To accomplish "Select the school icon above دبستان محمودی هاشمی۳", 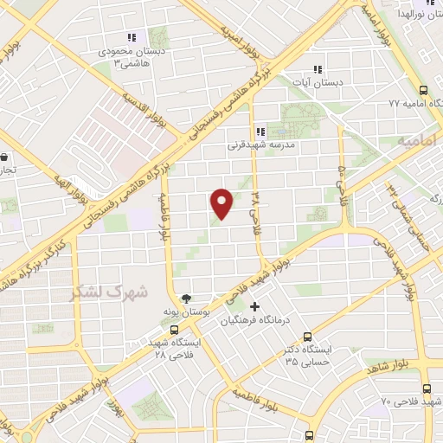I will [x=132, y=37].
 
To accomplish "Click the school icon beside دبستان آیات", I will [x=318, y=68].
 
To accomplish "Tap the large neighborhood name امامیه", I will [x=420, y=138].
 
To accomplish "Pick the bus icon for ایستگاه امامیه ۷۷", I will [x=423, y=90].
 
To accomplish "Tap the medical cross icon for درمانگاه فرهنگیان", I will [x=254, y=306].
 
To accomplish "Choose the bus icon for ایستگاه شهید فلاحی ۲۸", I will [x=175, y=329].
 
